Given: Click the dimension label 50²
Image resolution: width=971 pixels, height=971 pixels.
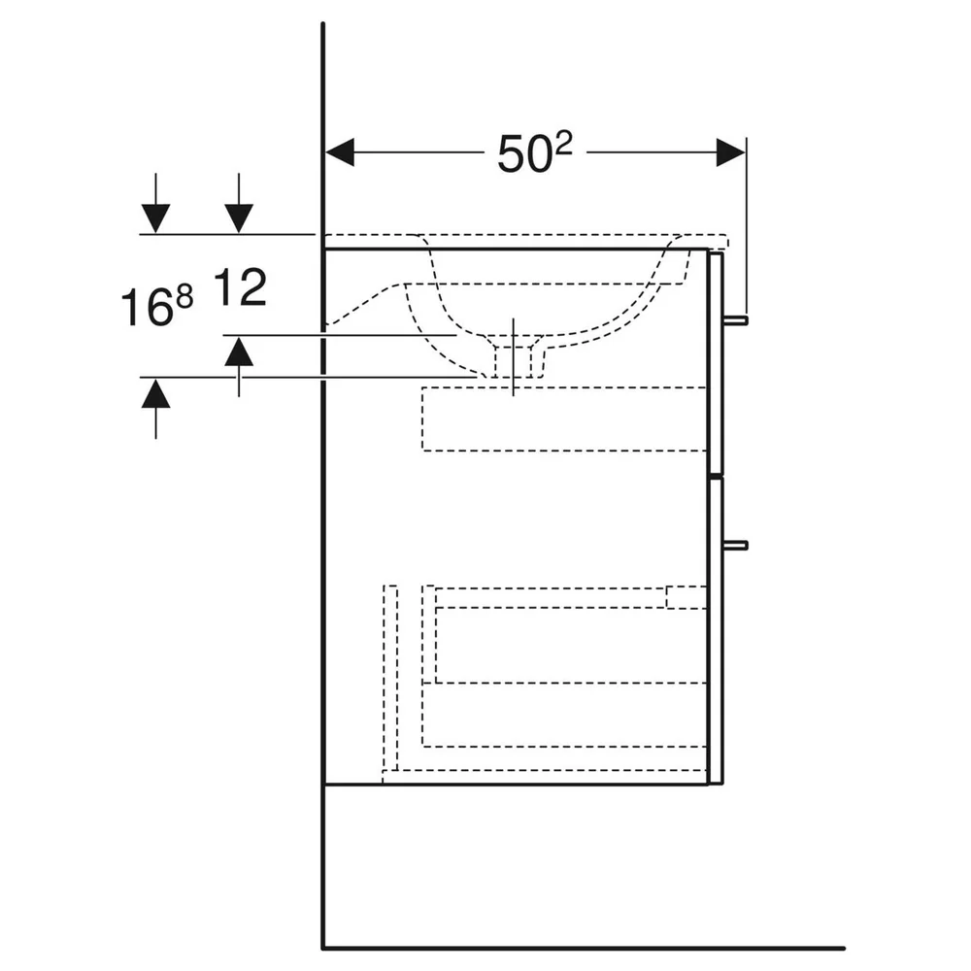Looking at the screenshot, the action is [x=535, y=153].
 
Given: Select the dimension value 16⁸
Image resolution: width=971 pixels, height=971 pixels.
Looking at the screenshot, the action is [x=156, y=305].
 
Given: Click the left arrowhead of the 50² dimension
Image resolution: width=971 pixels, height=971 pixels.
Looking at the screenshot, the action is [x=340, y=152].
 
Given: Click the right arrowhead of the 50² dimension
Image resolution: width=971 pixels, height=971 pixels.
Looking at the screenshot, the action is [x=731, y=152].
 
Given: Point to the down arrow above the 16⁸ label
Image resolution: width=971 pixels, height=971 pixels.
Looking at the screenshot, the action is [x=155, y=203].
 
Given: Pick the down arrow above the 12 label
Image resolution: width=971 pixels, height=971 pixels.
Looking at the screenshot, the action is [x=239, y=203].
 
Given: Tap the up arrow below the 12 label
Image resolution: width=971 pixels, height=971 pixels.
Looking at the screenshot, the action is [x=239, y=366].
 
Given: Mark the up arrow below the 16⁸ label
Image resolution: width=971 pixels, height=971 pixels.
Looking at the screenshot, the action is [x=155, y=409].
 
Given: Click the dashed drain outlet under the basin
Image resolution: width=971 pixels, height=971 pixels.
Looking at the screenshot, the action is [x=513, y=357].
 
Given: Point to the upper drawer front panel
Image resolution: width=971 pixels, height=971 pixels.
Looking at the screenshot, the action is [x=716, y=362].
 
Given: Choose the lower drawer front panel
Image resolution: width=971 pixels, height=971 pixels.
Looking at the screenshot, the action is [x=716, y=630].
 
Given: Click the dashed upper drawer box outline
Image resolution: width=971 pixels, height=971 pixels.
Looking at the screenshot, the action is [x=564, y=419].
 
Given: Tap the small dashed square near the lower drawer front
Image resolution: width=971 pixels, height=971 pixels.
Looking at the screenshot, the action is [x=686, y=597].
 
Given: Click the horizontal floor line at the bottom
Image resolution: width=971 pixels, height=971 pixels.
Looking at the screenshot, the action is [x=584, y=948].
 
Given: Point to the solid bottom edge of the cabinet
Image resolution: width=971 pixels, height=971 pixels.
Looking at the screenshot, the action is [x=516, y=785].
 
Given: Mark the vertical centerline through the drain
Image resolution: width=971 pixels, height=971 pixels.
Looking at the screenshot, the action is [x=513, y=356].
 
